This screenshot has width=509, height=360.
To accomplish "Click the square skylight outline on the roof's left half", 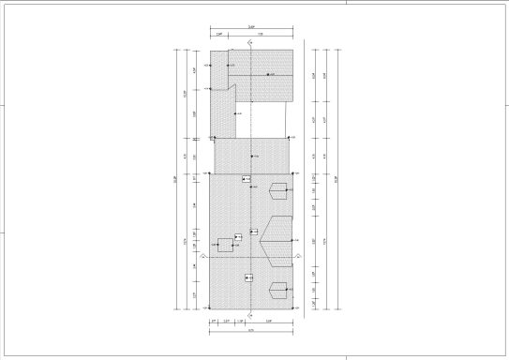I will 225,245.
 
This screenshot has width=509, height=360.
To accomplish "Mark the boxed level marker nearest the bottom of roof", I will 248,277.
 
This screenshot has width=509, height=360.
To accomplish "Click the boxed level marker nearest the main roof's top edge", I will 246,178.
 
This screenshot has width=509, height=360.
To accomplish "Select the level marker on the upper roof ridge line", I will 268,74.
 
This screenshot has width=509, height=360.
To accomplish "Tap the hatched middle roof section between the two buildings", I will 251,156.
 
